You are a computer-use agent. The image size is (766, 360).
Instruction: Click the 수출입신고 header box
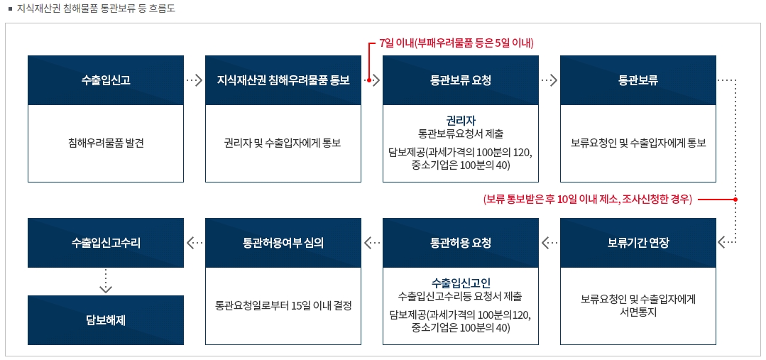(x=106, y=80)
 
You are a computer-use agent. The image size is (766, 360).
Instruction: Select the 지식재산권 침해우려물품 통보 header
(x=283, y=80)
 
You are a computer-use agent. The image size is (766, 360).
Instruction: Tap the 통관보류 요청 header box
(x=461, y=80)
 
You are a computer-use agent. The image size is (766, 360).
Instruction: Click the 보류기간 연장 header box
(x=638, y=243)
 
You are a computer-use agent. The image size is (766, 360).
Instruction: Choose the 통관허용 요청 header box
(x=461, y=243)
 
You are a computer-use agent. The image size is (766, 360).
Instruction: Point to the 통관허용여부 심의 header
(x=283, y=243)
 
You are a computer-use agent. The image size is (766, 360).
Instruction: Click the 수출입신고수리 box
(x=106, y=243)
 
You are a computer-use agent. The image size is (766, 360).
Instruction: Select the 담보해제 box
(x=106, y=320)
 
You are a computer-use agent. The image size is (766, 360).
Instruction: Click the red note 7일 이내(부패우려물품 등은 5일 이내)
(x=456, y=43)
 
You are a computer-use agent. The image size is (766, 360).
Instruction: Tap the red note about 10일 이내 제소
(x=587, y=200)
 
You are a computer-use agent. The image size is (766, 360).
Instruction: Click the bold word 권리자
(x=461, y=120)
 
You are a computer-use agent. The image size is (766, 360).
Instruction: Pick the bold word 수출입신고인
(x=461, y=283)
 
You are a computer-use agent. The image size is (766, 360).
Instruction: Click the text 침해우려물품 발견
(x=106, y=143)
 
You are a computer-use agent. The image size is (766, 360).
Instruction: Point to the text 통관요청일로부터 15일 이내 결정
(x=283, y=306)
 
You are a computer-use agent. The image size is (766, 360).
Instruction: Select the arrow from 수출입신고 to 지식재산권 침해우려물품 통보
(x=195, y=81)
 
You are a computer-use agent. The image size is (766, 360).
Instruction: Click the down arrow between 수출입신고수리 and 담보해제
(x=106, y=281)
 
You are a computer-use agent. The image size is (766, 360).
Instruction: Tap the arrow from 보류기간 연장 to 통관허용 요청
(x=549, y=243)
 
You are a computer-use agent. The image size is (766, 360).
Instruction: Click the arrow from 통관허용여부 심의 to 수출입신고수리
(x=195, y=243)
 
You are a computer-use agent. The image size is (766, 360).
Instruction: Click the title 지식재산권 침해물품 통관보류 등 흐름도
(x=96, y=9)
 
